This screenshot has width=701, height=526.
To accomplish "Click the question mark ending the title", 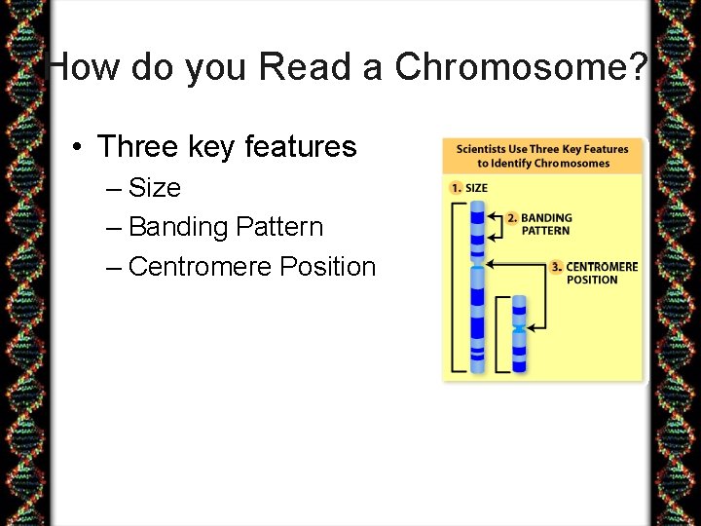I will pyautogui.click(x=639, y=67).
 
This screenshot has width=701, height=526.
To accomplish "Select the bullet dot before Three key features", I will pyautogui.click(x=76, y=147).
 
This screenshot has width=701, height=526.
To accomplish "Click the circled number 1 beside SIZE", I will pyautogui.click(x=455, y=188).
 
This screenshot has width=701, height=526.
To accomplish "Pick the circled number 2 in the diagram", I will pyautogui.click(x=512, y=218).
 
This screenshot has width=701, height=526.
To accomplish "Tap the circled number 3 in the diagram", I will pyautogui.click(x=556, y=266).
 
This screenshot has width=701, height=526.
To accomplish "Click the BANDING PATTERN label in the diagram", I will pyautogui.click(x=546, y=224).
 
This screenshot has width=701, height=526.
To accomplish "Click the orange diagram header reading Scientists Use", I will pyautogui.click(x=543, y=156).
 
